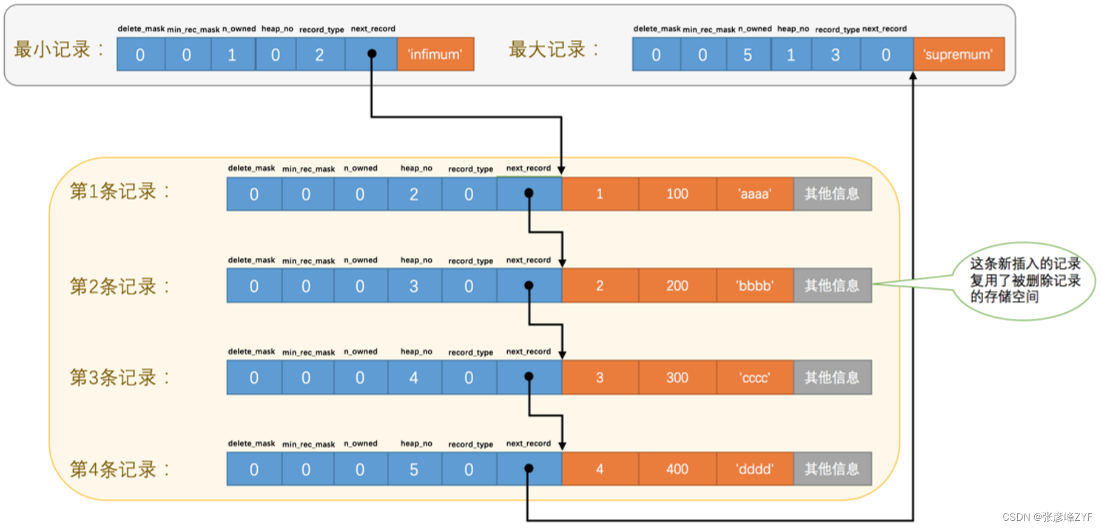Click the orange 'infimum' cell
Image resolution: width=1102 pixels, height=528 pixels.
(x=435, y=54)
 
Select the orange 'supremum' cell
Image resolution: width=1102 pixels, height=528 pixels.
(x=958, y=54)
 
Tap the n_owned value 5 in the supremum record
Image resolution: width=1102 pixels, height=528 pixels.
(x=747, y=55)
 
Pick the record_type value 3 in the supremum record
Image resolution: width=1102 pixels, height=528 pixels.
(x=836, y=55)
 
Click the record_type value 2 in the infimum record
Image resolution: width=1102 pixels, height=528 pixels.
(x=320, y=55)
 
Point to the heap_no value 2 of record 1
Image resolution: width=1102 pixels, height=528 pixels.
(x=414, y=194)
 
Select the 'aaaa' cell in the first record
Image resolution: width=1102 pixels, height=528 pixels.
(x=754, y=194)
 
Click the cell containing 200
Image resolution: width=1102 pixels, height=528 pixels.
(x=677, y=286)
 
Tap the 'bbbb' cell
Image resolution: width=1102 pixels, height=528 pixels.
(x=754, y=286)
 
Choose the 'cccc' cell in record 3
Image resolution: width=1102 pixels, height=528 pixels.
(x=754, y=377)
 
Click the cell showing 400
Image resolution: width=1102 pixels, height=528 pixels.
(x=677, y=469)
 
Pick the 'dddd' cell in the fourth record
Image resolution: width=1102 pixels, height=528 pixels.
(x=754, y=469)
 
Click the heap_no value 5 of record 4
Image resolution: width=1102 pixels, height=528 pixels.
(x=414, y=469)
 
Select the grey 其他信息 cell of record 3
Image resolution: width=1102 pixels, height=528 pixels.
(x=832, y=377)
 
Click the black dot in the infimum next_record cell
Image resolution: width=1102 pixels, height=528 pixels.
(x=372, y=53)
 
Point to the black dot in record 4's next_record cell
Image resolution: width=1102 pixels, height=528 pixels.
(x=529, y=469)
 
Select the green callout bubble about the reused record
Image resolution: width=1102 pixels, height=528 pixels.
(x=1024, y=280)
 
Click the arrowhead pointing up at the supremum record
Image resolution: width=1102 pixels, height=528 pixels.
(x=913, y=76)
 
